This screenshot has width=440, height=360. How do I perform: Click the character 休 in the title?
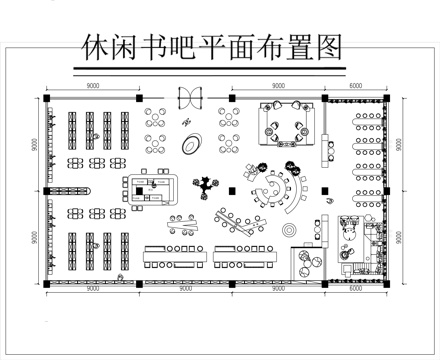tap(95, 48)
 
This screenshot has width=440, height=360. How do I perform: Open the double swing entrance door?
tap(188, 97)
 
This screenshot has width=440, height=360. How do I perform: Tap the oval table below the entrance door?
tap(188, 145)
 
